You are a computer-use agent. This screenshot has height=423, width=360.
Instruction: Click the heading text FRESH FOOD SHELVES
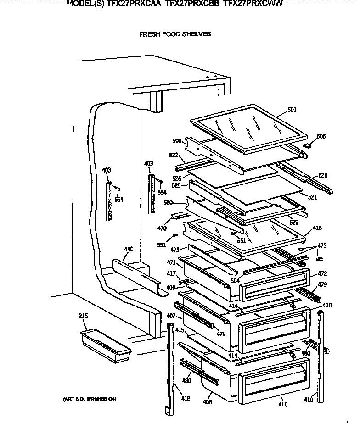point(175,34)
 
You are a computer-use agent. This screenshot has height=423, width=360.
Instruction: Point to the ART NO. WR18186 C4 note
point(90,399)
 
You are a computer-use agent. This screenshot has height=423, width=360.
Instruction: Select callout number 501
point(292,110)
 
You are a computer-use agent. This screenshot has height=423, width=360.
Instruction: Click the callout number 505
point(321,136)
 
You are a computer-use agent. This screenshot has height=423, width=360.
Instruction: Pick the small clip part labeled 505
point(308,144)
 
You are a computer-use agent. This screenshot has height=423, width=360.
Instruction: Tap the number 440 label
point(129,250)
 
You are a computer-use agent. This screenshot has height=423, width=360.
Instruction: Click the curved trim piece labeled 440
point(138,275)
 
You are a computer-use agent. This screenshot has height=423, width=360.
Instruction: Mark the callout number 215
point(83,316)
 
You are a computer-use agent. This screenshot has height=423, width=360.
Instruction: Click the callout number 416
point(317,228)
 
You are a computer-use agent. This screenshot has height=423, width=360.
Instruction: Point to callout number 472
point(322,274)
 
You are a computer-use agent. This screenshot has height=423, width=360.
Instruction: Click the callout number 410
point(327,305)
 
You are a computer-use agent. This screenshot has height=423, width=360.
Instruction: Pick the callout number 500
point(177,141)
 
